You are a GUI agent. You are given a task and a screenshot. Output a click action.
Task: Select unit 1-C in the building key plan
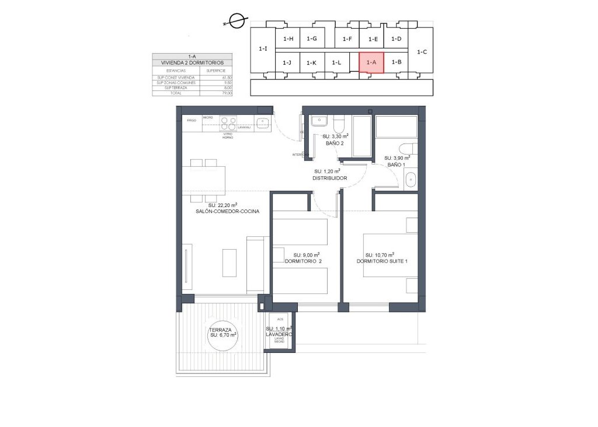[422, 51]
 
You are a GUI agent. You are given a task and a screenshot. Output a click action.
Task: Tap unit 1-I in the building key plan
[263, 50]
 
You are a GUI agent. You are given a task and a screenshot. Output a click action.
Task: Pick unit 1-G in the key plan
[311, 39]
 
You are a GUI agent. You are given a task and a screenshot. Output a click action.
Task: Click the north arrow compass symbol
[236, 22]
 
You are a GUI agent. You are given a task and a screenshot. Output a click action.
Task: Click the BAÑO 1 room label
[396, 165]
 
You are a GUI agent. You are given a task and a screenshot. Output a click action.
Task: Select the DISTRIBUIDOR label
[330, 178]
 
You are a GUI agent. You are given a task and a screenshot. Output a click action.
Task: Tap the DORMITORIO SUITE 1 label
[382, 262]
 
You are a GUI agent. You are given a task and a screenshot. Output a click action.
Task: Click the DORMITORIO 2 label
[303, 262]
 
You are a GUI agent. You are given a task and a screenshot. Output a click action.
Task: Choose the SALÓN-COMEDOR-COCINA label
[227, 212]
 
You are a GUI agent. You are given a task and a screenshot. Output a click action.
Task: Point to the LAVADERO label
[279, 334]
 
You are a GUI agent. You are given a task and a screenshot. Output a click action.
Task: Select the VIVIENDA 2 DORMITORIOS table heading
[192, 62]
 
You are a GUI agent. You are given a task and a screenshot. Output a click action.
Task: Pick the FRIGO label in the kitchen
[192, 120]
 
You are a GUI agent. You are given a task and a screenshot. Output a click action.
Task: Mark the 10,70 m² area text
[380, 255]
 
